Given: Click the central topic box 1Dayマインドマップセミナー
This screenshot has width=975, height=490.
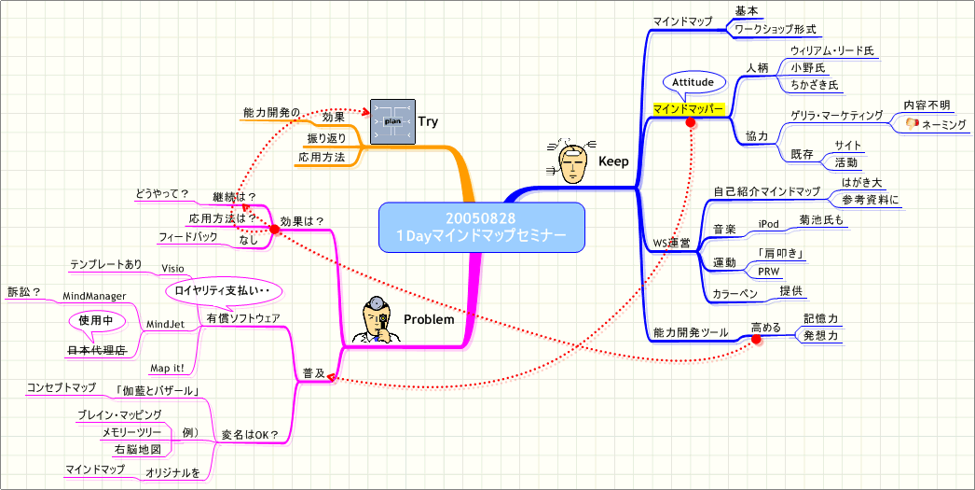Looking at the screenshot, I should pos(483,227).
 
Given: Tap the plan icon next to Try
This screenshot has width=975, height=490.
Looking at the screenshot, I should pos(392,121).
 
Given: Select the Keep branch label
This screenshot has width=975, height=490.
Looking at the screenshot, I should pos(612,161).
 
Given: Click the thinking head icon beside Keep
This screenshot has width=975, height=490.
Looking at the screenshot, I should pos(570,161).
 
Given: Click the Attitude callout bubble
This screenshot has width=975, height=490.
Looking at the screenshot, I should pos(693,82).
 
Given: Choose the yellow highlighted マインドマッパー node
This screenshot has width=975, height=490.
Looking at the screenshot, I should pos(689,109).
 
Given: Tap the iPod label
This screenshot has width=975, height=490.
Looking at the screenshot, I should pos(769,224).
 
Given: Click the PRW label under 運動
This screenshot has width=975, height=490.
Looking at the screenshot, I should pos(768,272).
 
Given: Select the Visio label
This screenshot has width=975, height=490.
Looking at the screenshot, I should pos(172,268).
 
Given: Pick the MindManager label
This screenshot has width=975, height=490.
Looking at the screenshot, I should pos(93,296).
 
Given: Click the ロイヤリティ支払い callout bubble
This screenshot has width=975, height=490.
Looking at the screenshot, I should pos(224,290).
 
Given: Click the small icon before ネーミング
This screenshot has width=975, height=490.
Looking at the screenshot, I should pos(912,123).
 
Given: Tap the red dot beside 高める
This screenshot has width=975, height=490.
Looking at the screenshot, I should pos(756,340).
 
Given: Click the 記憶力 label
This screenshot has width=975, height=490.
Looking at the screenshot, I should pos(820,317).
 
